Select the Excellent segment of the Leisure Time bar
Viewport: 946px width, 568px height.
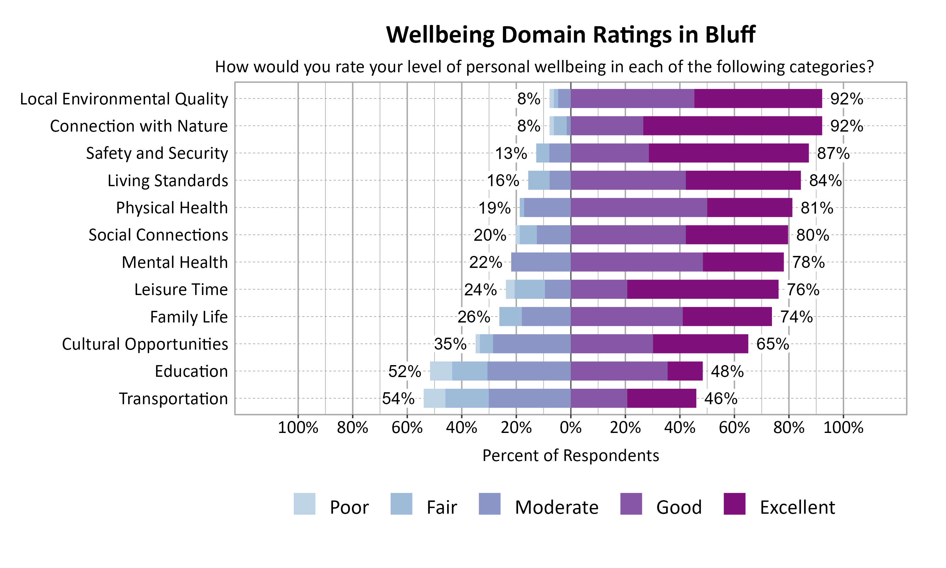[x=703, y=289]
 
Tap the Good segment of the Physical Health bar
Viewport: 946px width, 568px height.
[x=639, y=207]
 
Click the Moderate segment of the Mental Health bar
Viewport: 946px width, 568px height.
[x=541, y=262]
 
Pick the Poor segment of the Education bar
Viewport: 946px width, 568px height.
[x=441, y=371]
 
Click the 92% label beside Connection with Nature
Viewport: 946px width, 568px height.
[x=846, y=126]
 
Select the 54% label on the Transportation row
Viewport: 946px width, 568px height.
[x=398, y=399]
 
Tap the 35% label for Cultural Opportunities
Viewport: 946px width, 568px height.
[x=450, y=344]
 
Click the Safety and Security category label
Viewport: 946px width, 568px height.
[x=157, y=153]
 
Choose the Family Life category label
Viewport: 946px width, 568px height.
[x=189, y=317]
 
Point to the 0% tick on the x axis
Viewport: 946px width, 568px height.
[x=570, y=428]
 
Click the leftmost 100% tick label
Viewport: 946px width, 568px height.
[x=298, y=428]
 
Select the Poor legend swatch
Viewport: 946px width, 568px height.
[x=304, y=504]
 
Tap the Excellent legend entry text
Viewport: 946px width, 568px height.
[x=797, y=507]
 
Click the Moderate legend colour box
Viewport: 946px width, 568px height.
[x=489, y=504]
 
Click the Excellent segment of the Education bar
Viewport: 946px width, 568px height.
[x=685, y=371]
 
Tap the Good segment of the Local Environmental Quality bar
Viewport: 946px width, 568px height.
[x=632, y=98]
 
